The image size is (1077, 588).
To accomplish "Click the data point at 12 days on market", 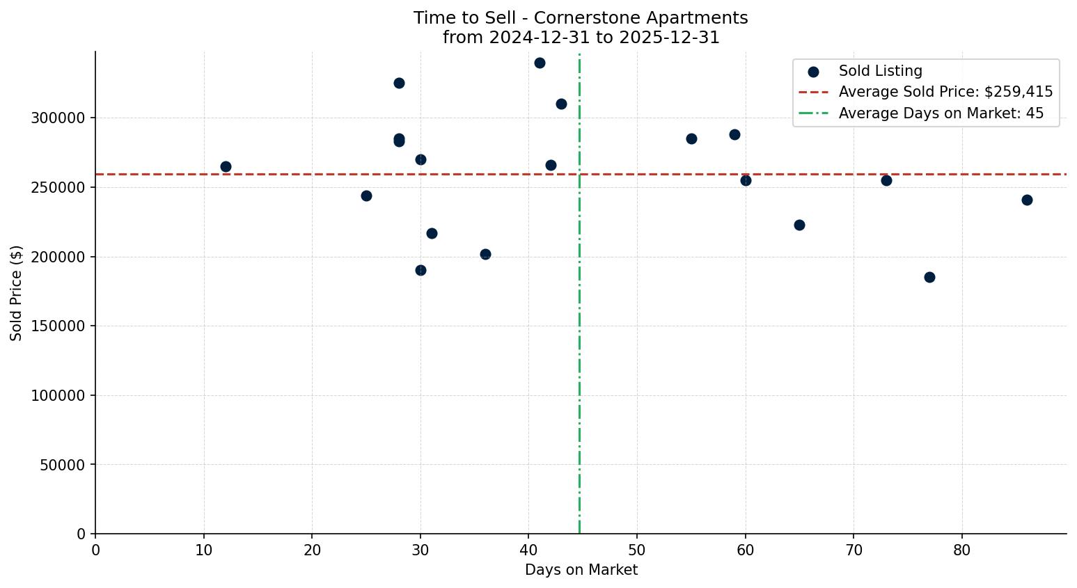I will coord(226,166).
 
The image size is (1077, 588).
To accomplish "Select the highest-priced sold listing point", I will coord(540,63).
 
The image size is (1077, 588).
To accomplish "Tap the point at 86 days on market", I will coord(1027,200).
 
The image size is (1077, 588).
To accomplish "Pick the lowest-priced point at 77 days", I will coord(929,277).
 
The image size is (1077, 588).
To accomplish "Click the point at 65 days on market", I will coord(799,225).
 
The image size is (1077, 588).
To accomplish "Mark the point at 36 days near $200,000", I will coord(485,254).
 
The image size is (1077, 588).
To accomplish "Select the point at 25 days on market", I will coord(366,196).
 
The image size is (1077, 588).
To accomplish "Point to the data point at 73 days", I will coord(886,180).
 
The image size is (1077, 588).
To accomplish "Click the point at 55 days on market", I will coord(691,138).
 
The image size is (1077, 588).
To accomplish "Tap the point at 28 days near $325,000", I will coord(399,83).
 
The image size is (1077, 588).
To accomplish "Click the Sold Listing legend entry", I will coord(880,71).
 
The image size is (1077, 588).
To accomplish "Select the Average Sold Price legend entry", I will coord(945,92).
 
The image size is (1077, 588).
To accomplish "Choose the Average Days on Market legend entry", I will coord(941,113).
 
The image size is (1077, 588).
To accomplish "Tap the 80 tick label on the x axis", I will coord(962,550).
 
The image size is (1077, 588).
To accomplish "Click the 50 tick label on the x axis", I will coord(637,550).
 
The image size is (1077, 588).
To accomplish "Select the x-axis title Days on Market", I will coord(581,570).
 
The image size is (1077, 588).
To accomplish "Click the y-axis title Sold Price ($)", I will coord(16,293).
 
